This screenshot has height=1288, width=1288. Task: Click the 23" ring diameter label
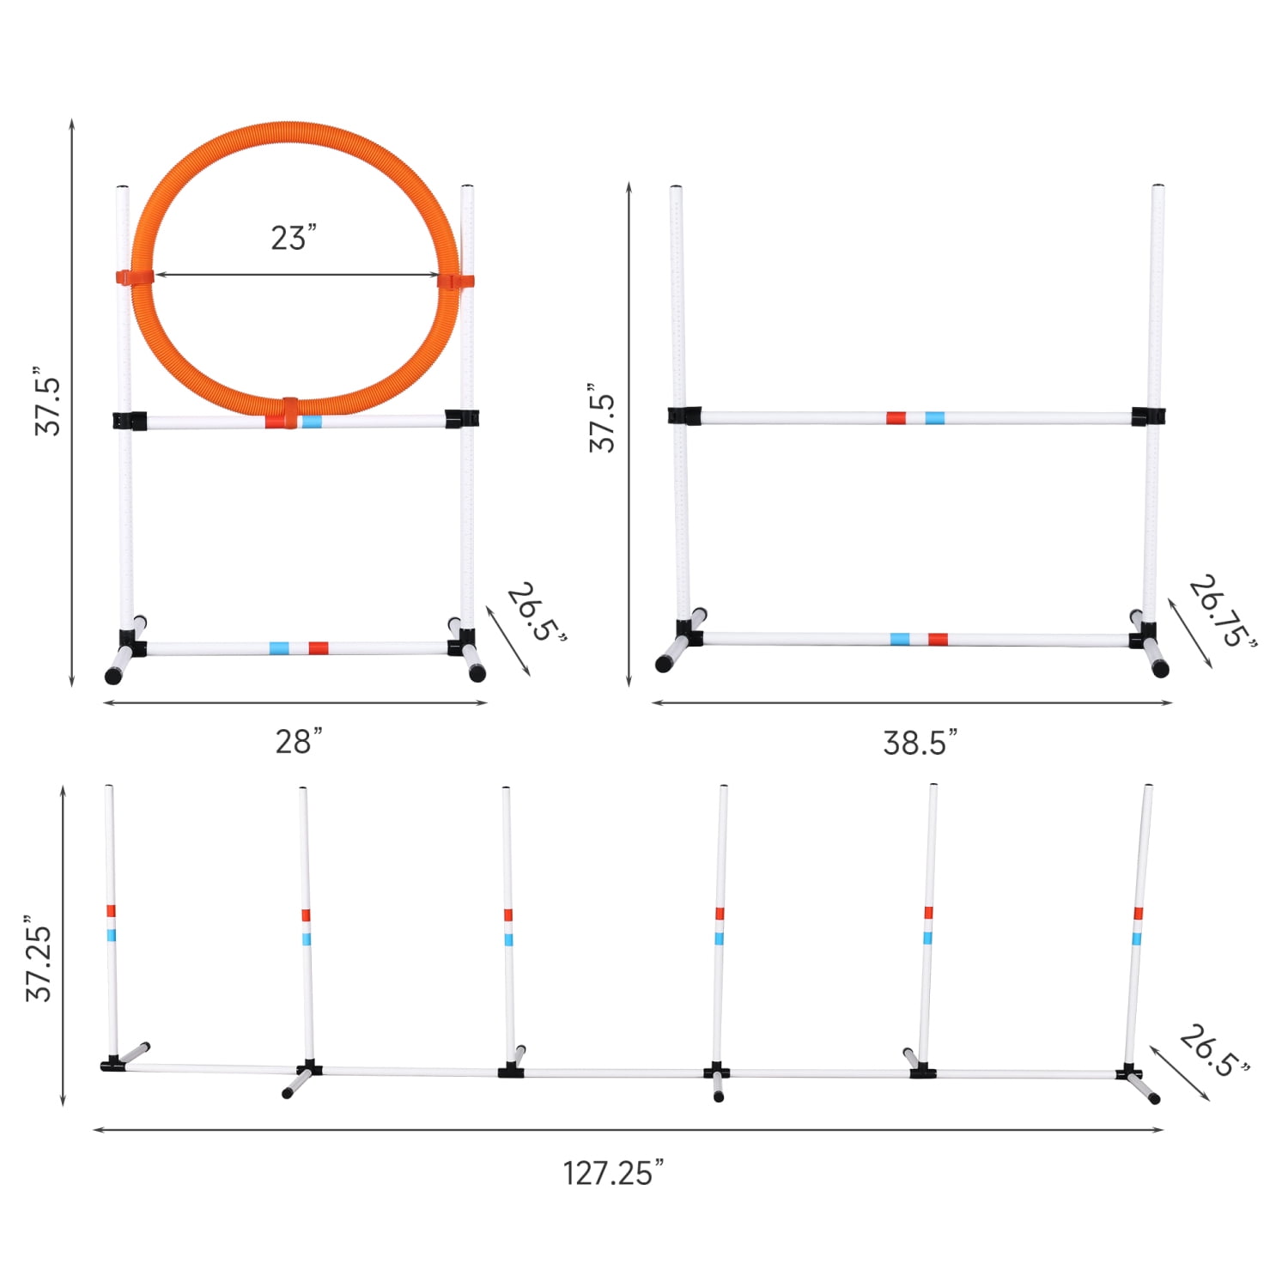(294, 237)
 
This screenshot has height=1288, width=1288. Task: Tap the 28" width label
(299, 741)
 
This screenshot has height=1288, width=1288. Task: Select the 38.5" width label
(920, 742)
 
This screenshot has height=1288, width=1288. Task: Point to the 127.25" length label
(613, 1173)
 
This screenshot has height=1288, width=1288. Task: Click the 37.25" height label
(39, 958)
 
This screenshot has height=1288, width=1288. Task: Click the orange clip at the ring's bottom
(289, 412)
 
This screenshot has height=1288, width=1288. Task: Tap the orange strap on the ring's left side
(135, 277)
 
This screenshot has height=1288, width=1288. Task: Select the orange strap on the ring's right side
(455, 281)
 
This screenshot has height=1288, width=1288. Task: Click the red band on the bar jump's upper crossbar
(896, 418)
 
